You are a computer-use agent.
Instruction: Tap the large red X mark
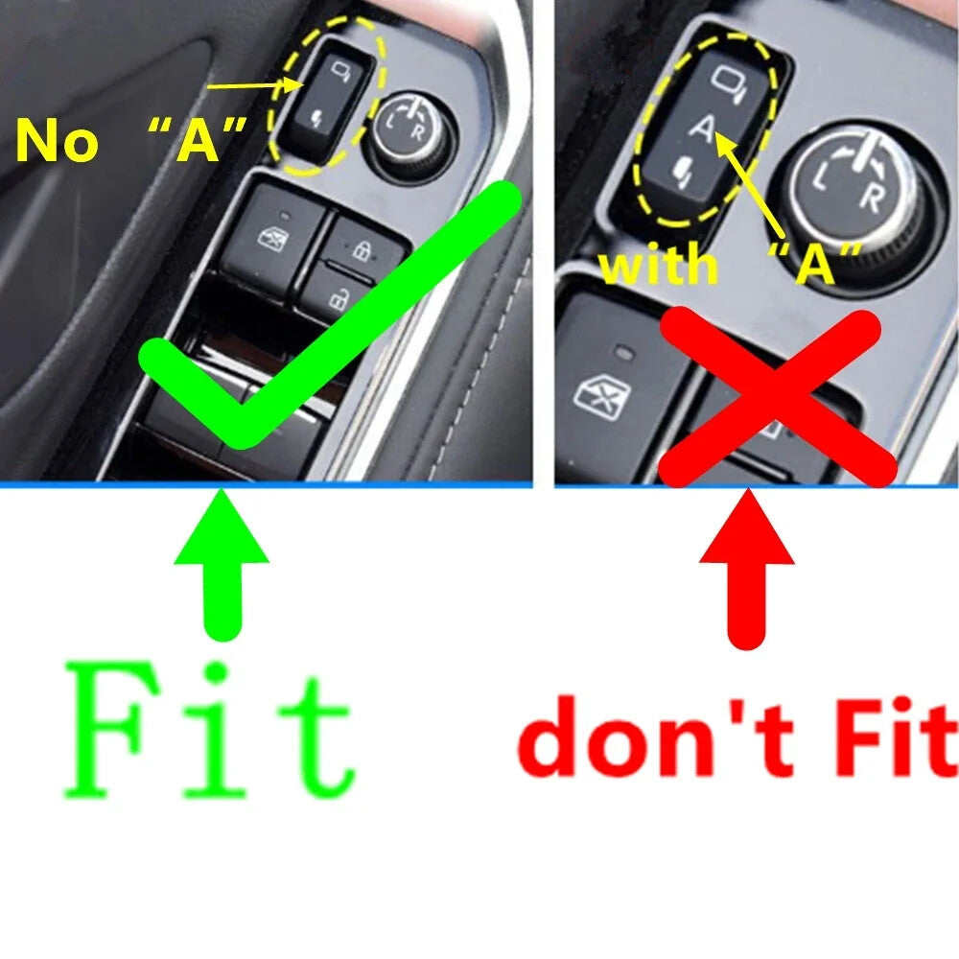click(x=777, y=398)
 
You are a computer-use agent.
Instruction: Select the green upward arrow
click(x=222, y=564)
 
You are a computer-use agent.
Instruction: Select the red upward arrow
click(x=747, y=569)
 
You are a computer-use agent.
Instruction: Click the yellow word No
click(x=57, y=142)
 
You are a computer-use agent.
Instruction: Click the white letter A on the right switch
click(x=703, y=129)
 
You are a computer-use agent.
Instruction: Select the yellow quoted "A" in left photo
click(x=198, y=140)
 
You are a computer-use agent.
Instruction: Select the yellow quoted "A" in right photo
click(x=814, y=263)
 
